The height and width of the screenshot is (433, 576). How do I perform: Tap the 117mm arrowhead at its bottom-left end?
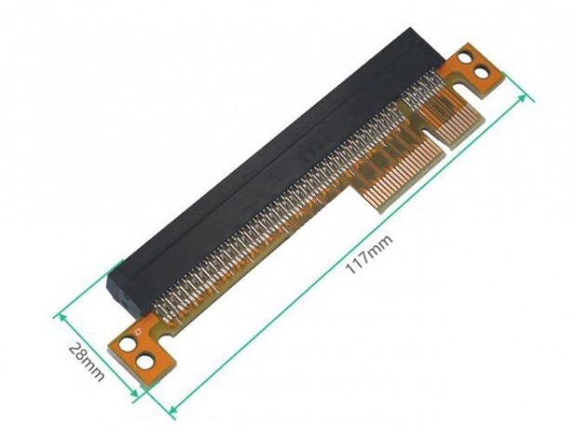(170, 405)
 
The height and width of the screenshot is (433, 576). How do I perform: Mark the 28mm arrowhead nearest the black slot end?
(61, 314)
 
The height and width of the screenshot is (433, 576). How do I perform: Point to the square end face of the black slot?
(117, 282)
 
